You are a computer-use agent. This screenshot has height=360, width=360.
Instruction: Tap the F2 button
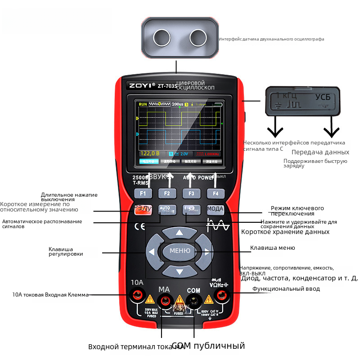167,193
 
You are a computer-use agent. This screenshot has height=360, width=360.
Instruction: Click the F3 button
191,193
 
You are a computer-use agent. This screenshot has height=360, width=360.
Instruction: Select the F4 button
216,193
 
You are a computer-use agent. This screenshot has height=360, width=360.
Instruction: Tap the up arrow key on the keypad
180,233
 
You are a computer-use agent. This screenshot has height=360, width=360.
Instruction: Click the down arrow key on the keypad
180,271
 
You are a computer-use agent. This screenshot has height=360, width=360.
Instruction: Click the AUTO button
167,209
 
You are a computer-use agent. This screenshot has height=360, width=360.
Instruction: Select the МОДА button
215,209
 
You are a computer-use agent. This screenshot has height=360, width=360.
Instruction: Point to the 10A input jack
137,295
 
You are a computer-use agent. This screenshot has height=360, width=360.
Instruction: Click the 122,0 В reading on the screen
150,153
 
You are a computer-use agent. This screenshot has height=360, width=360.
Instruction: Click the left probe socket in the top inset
161,36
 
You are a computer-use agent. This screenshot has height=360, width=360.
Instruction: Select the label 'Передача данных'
320,152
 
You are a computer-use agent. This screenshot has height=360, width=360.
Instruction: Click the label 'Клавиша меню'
273,248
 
